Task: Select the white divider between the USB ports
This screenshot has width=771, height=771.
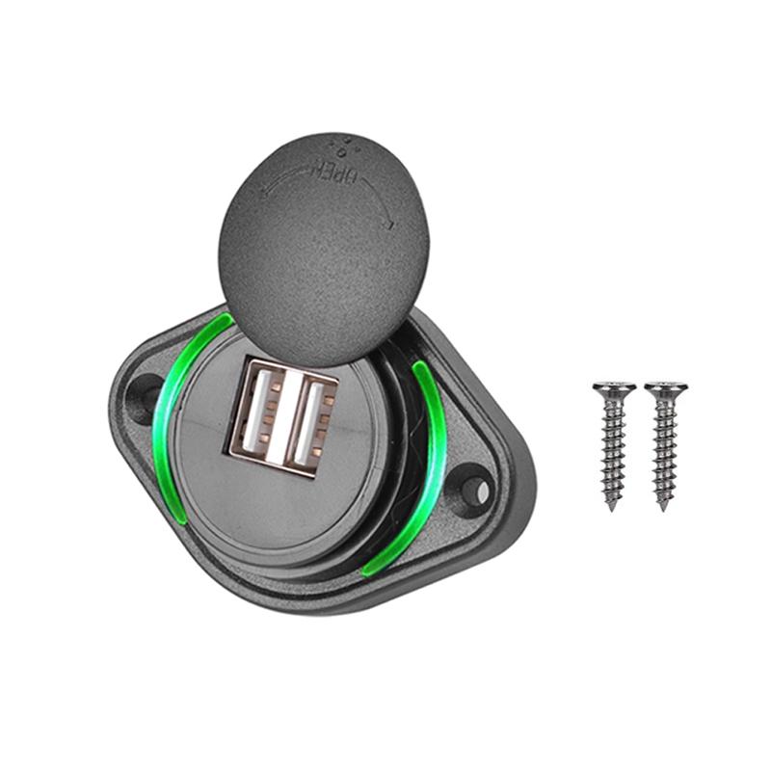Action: (x=289, y=417)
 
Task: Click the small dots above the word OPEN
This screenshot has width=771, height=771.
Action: (x=342, y=146)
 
